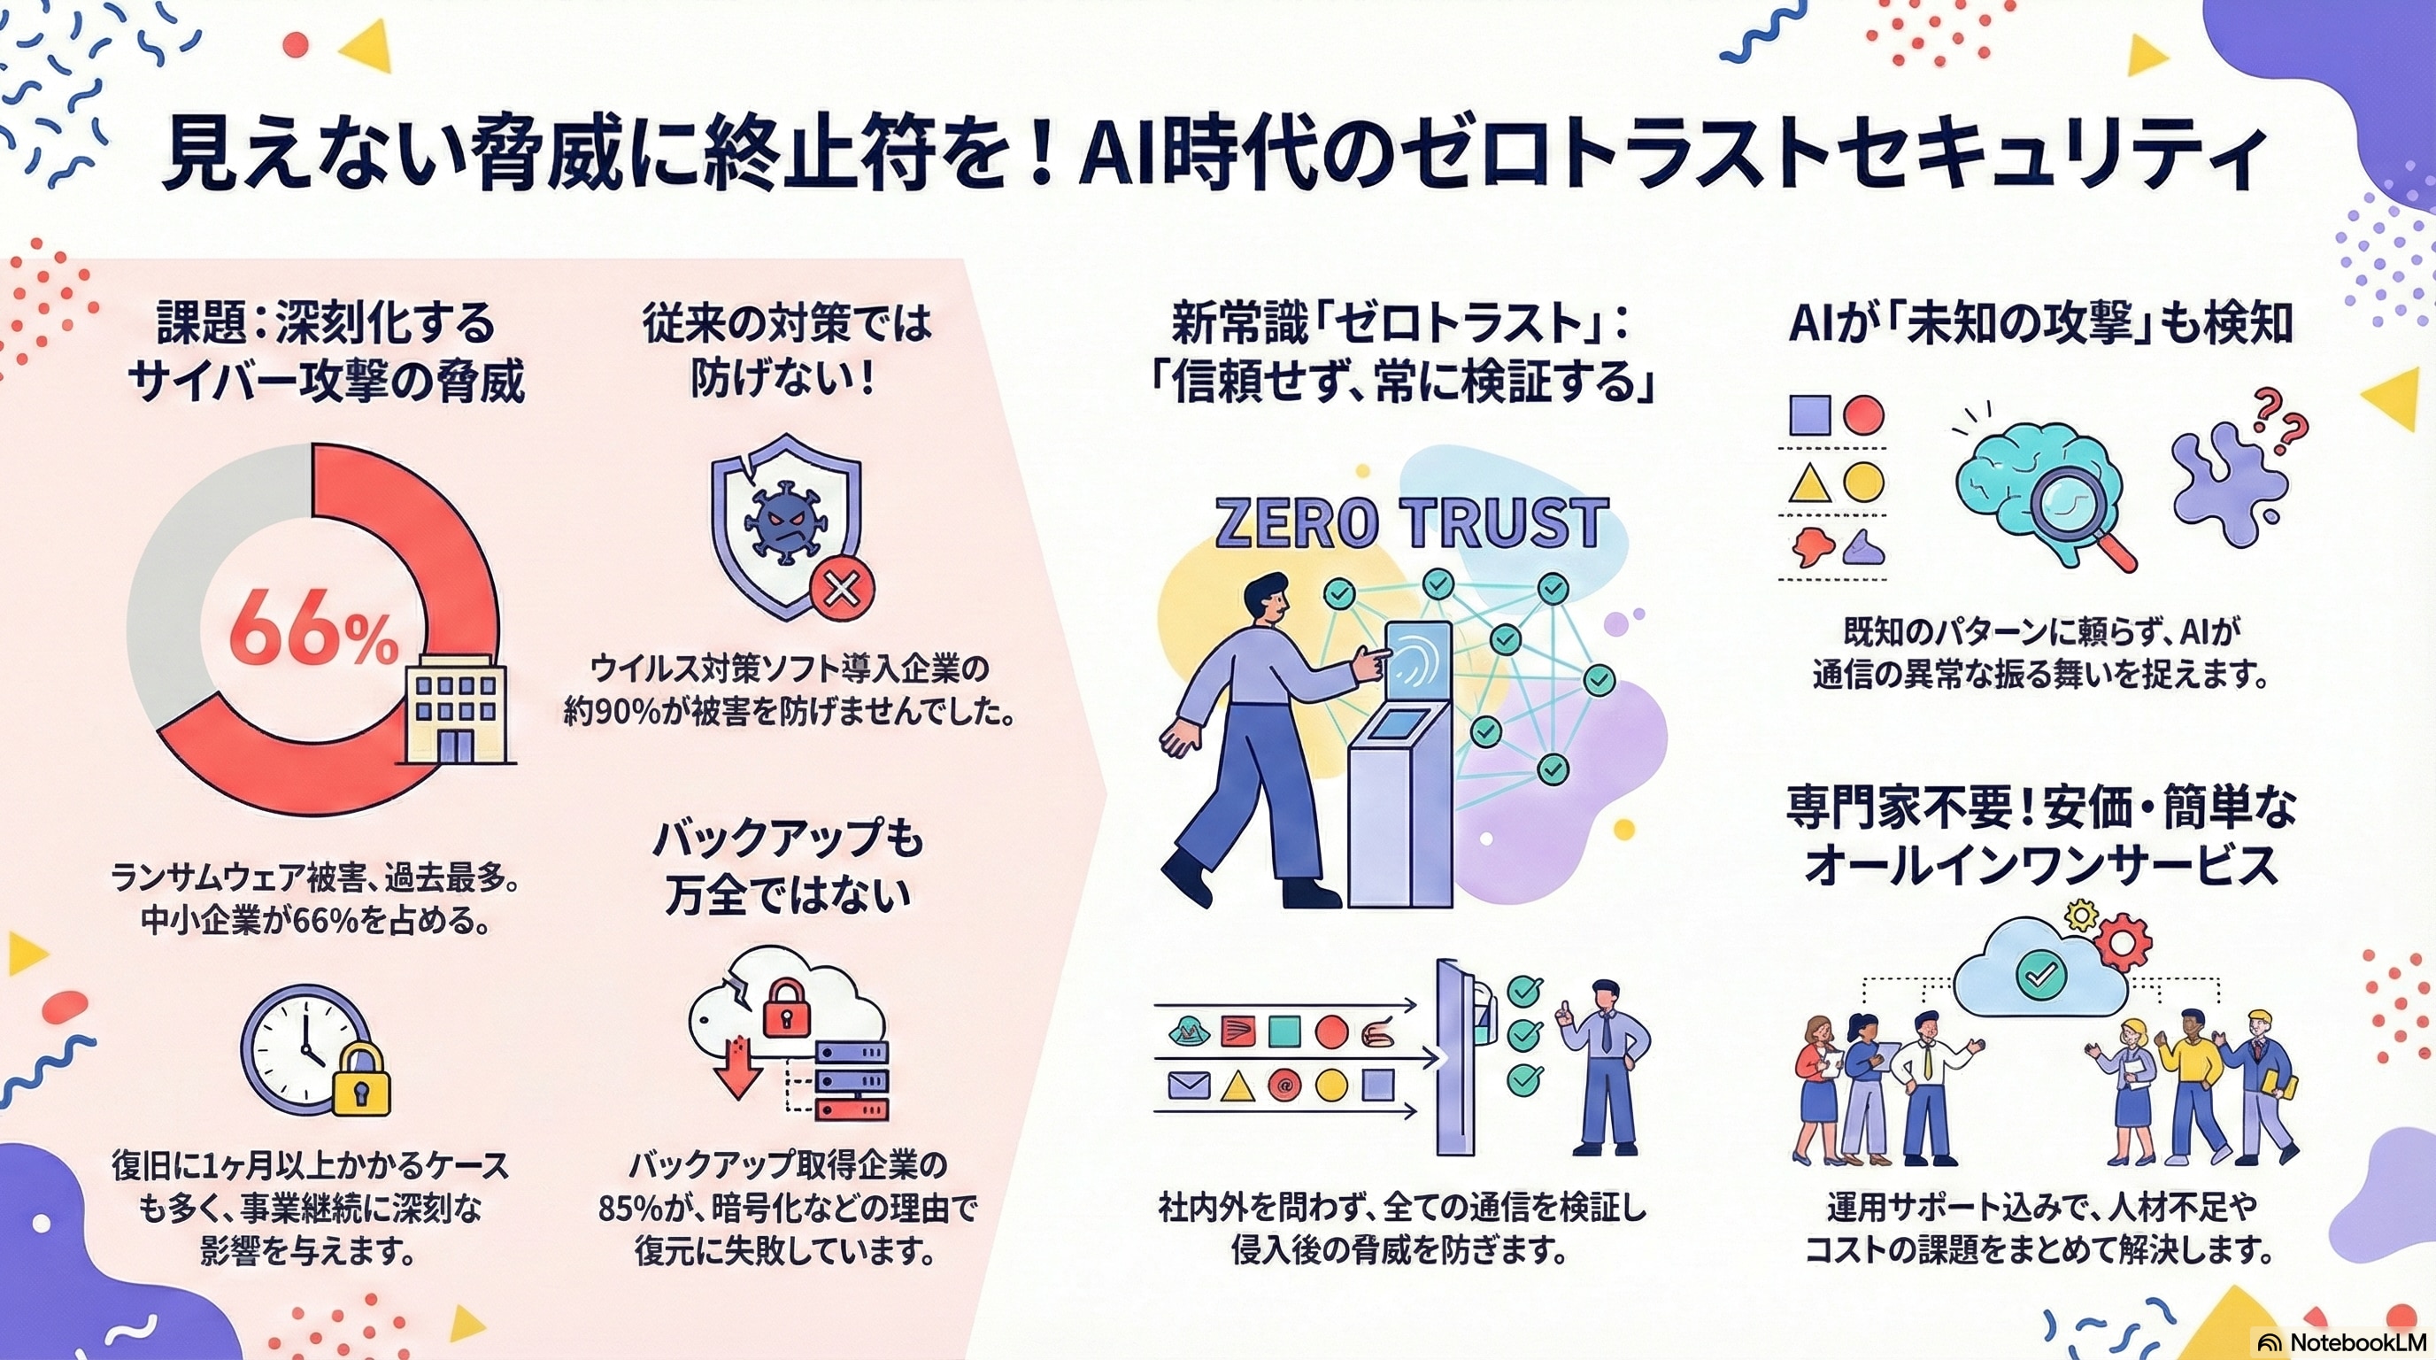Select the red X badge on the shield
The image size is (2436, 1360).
(x=841, y=591)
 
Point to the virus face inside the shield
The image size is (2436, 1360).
(x=781, y=525)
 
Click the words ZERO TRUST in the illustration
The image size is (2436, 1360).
(x=1411, y=522)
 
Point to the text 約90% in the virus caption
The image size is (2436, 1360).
(x=612, y=712)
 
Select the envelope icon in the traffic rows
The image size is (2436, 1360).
(x=1189, y=1084)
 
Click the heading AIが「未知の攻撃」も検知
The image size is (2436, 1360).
(x=2040, y=324)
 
